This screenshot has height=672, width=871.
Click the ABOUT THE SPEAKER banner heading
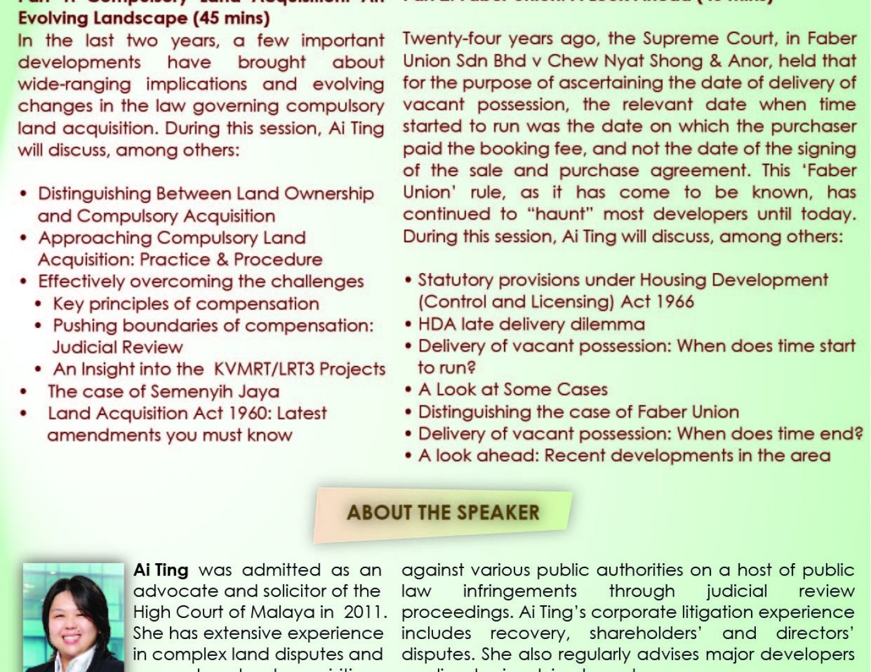443,513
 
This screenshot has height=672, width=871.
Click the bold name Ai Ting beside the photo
161,570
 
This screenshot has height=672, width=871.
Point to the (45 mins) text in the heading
231,18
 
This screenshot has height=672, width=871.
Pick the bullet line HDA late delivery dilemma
531,324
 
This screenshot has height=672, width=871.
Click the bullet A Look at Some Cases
513,390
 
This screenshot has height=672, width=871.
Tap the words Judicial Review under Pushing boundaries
118,347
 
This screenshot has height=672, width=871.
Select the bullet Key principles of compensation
185,304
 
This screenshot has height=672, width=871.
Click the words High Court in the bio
177,612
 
